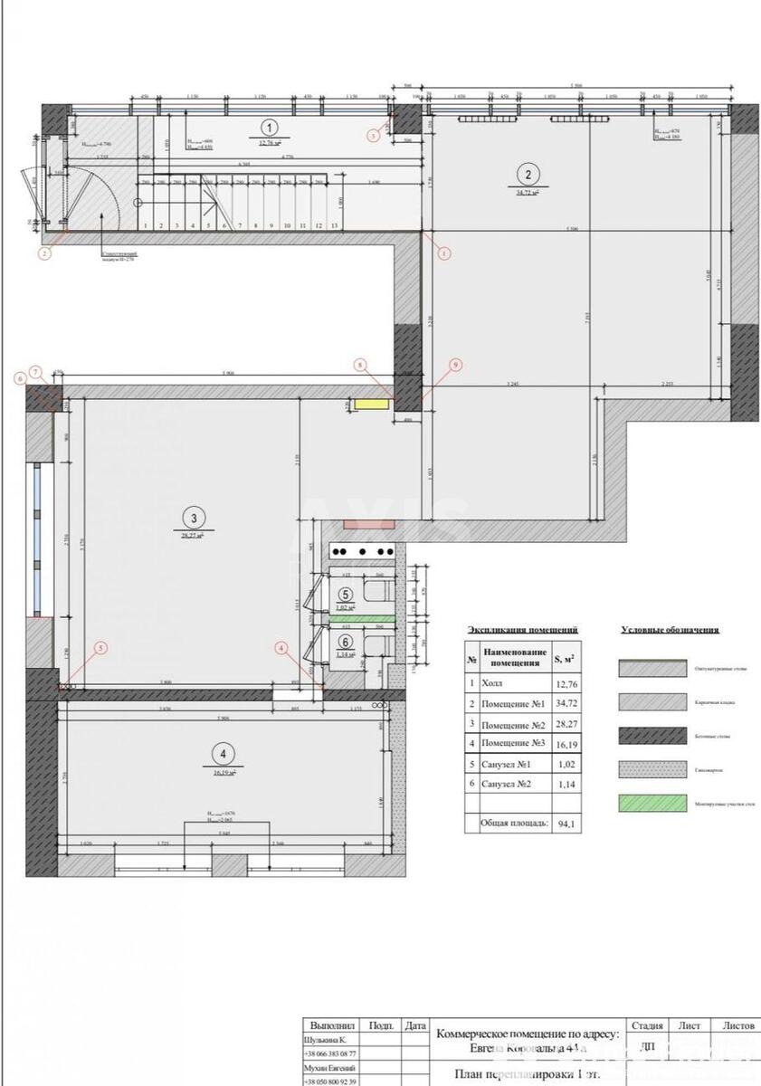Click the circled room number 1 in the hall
pyautogui.click(x=270, y=128)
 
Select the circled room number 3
pyautogui.click(x=193, y=519)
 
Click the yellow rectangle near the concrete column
pyautogui.click(x=368, y=405)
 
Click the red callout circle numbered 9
pyautogui.click(x=455, y=364)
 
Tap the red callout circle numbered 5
pyautogui.click(x=101, y=647)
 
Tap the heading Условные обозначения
pyautogui.click(x=670, y=630)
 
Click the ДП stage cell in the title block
pyautogui.click(x=647, y=1046)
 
